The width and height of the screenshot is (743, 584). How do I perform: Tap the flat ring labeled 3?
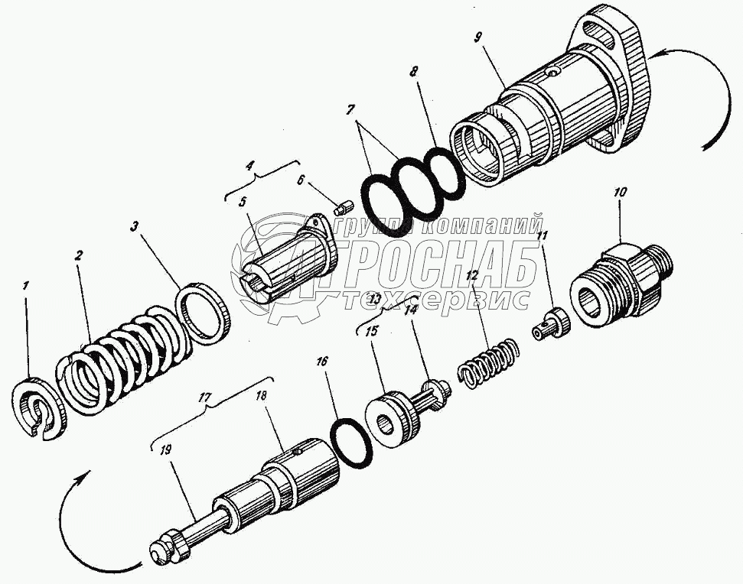205,313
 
